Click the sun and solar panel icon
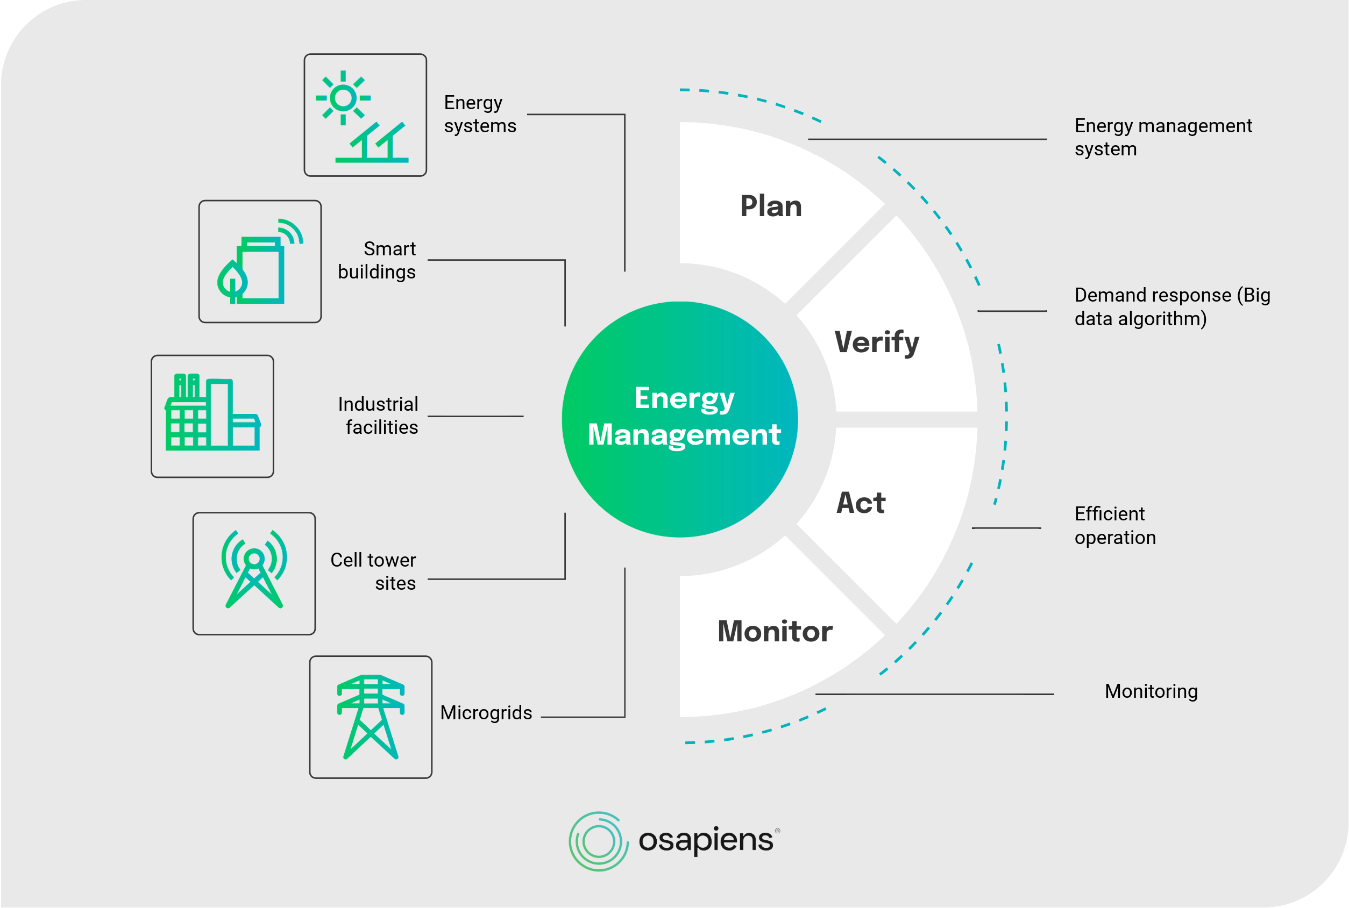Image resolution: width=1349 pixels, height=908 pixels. coord(365,115)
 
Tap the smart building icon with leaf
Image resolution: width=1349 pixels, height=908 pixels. coord(259,262)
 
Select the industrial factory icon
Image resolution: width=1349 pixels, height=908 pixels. coord(212,416)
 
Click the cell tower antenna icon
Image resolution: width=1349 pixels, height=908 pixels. coord(254,573)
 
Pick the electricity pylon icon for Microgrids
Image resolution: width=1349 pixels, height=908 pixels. coord(371,717)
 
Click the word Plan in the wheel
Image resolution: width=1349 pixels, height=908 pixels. coord(771,206)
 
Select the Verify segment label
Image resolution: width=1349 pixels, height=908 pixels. coord(876,342)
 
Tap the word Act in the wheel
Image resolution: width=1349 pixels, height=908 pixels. coord(861,503)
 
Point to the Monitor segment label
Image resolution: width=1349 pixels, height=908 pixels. coord(775,631)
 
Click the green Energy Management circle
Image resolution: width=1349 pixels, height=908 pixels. coord(680,419)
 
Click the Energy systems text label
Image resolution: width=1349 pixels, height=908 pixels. coord(480,114)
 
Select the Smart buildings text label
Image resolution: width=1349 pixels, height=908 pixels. coord(377,261)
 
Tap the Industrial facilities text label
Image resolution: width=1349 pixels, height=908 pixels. coord(378,416)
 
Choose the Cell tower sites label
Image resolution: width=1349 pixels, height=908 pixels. coord(374,571)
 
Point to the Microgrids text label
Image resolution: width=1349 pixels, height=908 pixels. coord(486,713)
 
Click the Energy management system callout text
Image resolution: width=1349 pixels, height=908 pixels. coord(1162,137)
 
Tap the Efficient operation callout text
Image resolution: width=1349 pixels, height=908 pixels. coord(1114,526)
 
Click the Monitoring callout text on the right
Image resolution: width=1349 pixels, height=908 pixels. coord(1151,691)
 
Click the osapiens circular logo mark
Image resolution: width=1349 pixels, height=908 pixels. coord(598,841)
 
